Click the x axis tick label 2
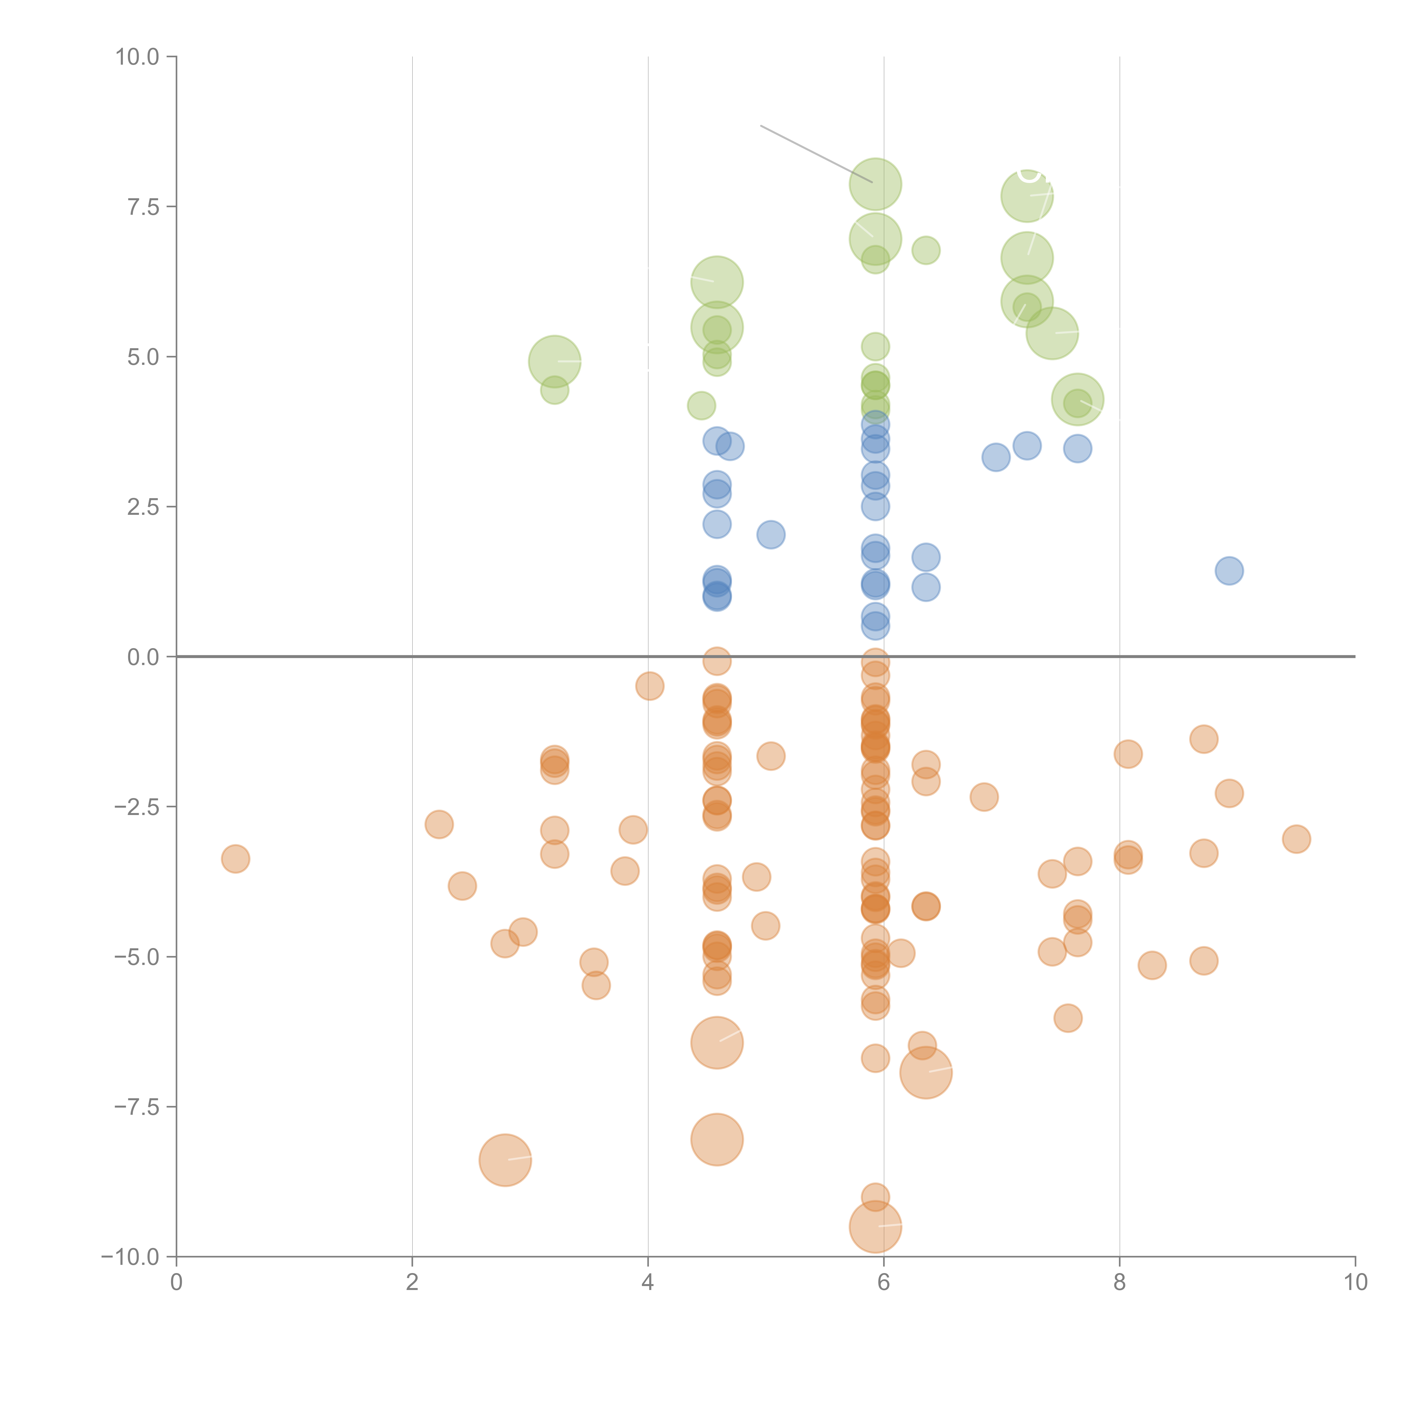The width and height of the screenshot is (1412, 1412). [x=412, y=1283]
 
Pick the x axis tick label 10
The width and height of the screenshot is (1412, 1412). [x=1355, y=1283]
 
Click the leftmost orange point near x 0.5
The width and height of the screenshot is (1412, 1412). [x=235, y=859]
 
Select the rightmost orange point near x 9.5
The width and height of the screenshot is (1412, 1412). [x=1296, y=839]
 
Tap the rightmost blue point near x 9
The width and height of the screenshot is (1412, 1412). [x=1229, y=571]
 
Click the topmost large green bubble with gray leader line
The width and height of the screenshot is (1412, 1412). [x=875, y=184]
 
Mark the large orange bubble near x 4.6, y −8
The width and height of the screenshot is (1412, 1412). [x=717, y=1139]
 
